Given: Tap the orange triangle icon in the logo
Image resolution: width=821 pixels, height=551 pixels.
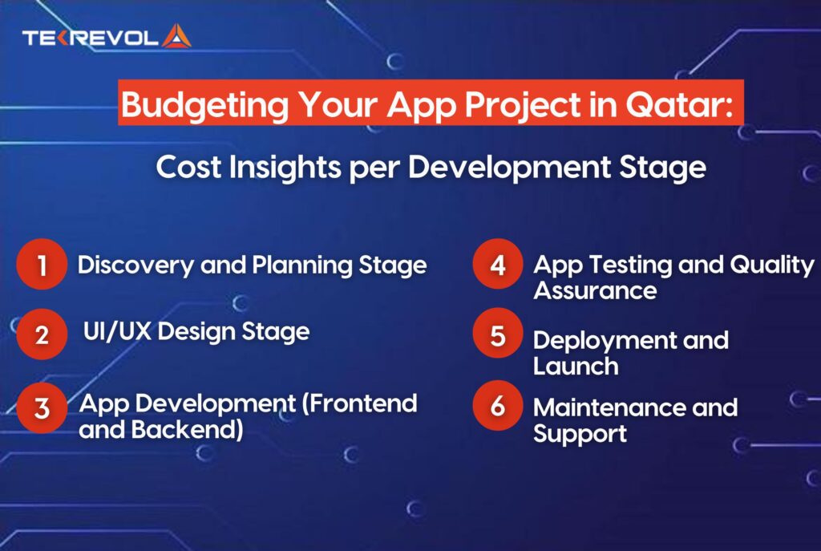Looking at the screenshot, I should coord(176,36).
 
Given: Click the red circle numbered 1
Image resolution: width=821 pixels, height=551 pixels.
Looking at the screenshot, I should coord(41,265).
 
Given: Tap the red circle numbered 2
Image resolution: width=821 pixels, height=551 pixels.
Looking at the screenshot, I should coord(41,333).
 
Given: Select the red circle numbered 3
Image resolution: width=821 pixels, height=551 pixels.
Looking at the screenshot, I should coord(41,407).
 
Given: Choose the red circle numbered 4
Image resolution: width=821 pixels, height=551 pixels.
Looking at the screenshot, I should coord(498,265).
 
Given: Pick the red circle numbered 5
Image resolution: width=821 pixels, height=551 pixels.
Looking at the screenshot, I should coord(498,334).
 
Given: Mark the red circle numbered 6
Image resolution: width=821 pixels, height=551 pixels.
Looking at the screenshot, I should coord(498,406).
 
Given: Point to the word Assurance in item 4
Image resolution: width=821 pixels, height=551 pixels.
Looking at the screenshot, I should coord(595,290).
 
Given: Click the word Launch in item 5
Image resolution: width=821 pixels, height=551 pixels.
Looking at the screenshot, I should coord(576,366).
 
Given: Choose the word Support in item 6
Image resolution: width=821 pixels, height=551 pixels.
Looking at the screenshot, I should coord(580,434).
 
